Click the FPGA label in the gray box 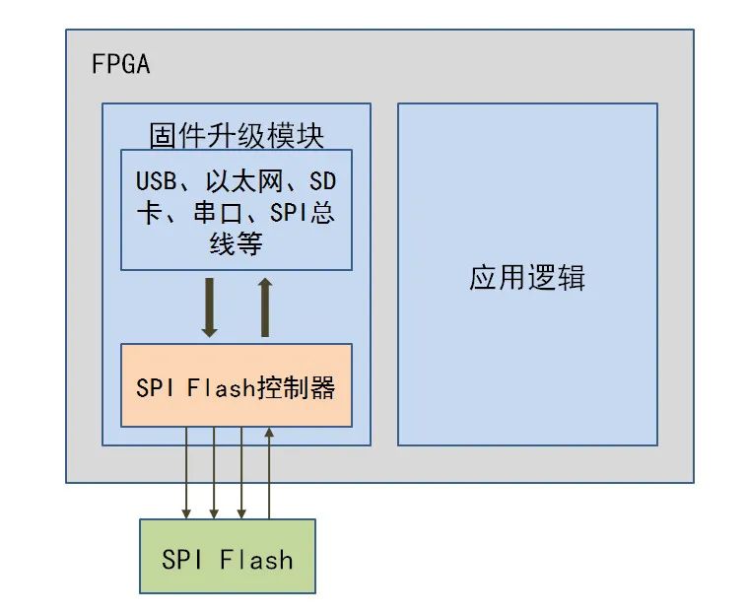(120, 66)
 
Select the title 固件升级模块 (236, 134)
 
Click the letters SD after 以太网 (322, 183)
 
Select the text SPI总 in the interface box (302, 214)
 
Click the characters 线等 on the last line (236, 244)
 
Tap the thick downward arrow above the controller (209, 306)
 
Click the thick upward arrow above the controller (264, 306)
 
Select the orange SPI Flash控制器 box (236, 385)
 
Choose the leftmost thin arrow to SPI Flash (186, 473)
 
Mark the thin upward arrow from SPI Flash (269, 473)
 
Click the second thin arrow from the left (214, 473)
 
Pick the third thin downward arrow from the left (241, 473)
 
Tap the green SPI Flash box (228, 556)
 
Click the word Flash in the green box (257, 560)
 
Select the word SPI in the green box (183, 560)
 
